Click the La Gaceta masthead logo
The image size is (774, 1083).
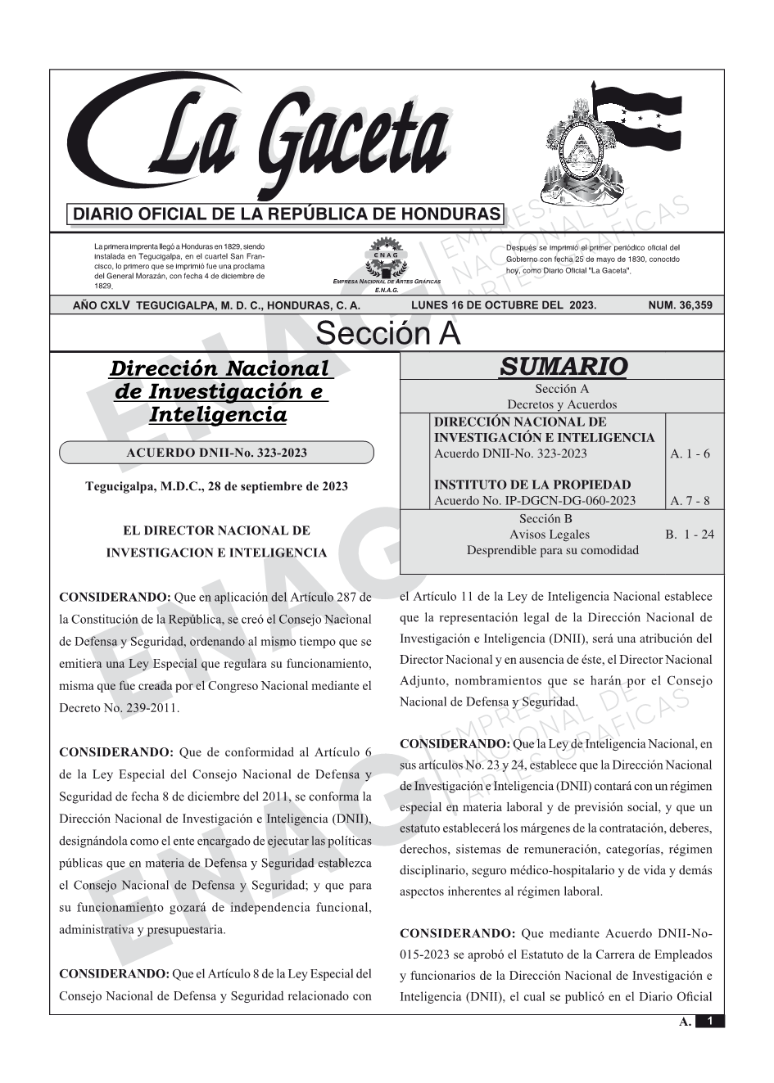coord(262,139)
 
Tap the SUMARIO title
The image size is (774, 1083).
coord(563,366)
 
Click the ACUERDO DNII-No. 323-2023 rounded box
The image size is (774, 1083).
coord(217,453)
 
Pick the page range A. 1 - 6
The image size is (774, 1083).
coord(690,454)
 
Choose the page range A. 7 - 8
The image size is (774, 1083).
coord(690,501)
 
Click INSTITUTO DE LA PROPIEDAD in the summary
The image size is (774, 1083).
coord(532,485)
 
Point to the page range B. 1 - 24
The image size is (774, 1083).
coord(690,535)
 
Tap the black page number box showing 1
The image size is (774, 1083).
coord(709,1022)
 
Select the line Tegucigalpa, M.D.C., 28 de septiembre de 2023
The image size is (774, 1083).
coord(216,486)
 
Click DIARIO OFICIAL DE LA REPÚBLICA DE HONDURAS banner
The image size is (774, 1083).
coord(286,214)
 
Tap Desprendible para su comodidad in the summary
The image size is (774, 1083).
coord(552,550)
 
